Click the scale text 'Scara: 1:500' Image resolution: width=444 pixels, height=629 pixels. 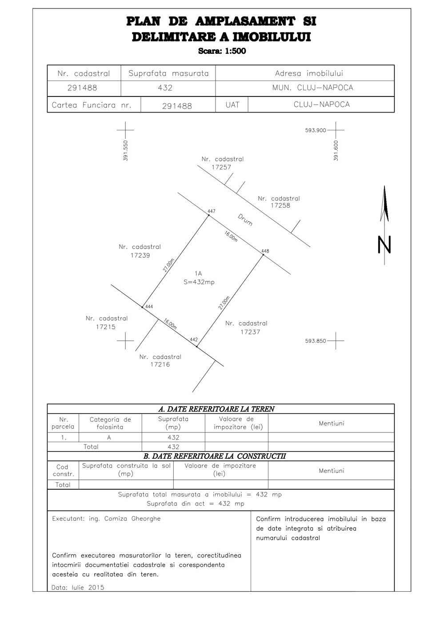pyautogui.click(x=222, y=51)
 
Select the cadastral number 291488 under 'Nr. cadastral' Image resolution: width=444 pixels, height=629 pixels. pyautogui.click(x=82, y=88)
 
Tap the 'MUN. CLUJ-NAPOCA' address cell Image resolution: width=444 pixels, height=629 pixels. pyautogui.click(x=312, y=88)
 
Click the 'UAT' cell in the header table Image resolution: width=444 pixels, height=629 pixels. pyautogui.click(x=232, y=105)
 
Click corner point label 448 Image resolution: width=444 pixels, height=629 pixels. pyautogui.click(x=265, y=251)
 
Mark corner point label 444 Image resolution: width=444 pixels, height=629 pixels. pyautogui.click(x=149, y=306)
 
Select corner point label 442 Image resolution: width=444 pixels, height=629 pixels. pyautogui.click(x=194, y=340)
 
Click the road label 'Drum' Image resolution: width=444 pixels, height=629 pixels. pyautogui.click(x=245, y=220)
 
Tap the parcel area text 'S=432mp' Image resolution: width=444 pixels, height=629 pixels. pyautogui.click(x=199, y=282)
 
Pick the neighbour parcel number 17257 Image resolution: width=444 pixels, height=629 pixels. pyautogui.click(x=221, y=167)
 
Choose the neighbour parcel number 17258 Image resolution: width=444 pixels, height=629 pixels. pyautogui.click(x=280, y=206)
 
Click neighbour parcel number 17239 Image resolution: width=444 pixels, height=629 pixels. pyautogui.click(x=140, y=255)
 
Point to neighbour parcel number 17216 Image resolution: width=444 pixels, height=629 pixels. pyautogui.click(x=160, y=364)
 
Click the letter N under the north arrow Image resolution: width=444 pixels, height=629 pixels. pyautogui.click(x=384, y=245)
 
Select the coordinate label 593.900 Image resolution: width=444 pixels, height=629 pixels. pyautogui.click(x=316, y=130)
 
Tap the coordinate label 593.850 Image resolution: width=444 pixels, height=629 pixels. pyautogui.click(x=316, y=341)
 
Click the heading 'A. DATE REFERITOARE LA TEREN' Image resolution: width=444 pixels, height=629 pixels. pyautogui.click(x=216, y=409)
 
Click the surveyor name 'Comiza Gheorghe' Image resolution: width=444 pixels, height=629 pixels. pyautogui.click(x=132, y=519)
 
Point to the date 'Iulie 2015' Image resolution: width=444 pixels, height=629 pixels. pyautogui.click(x=88, y=587)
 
